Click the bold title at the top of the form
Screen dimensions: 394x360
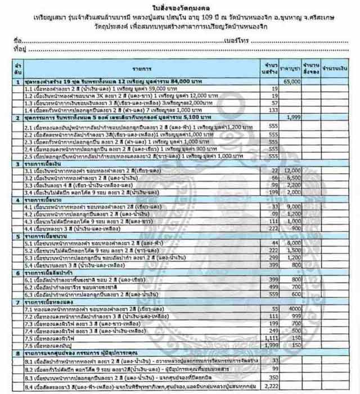coord(179,6)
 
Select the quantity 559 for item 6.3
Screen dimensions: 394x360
coord(272,293)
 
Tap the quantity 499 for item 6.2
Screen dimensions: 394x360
coord(272,286)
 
